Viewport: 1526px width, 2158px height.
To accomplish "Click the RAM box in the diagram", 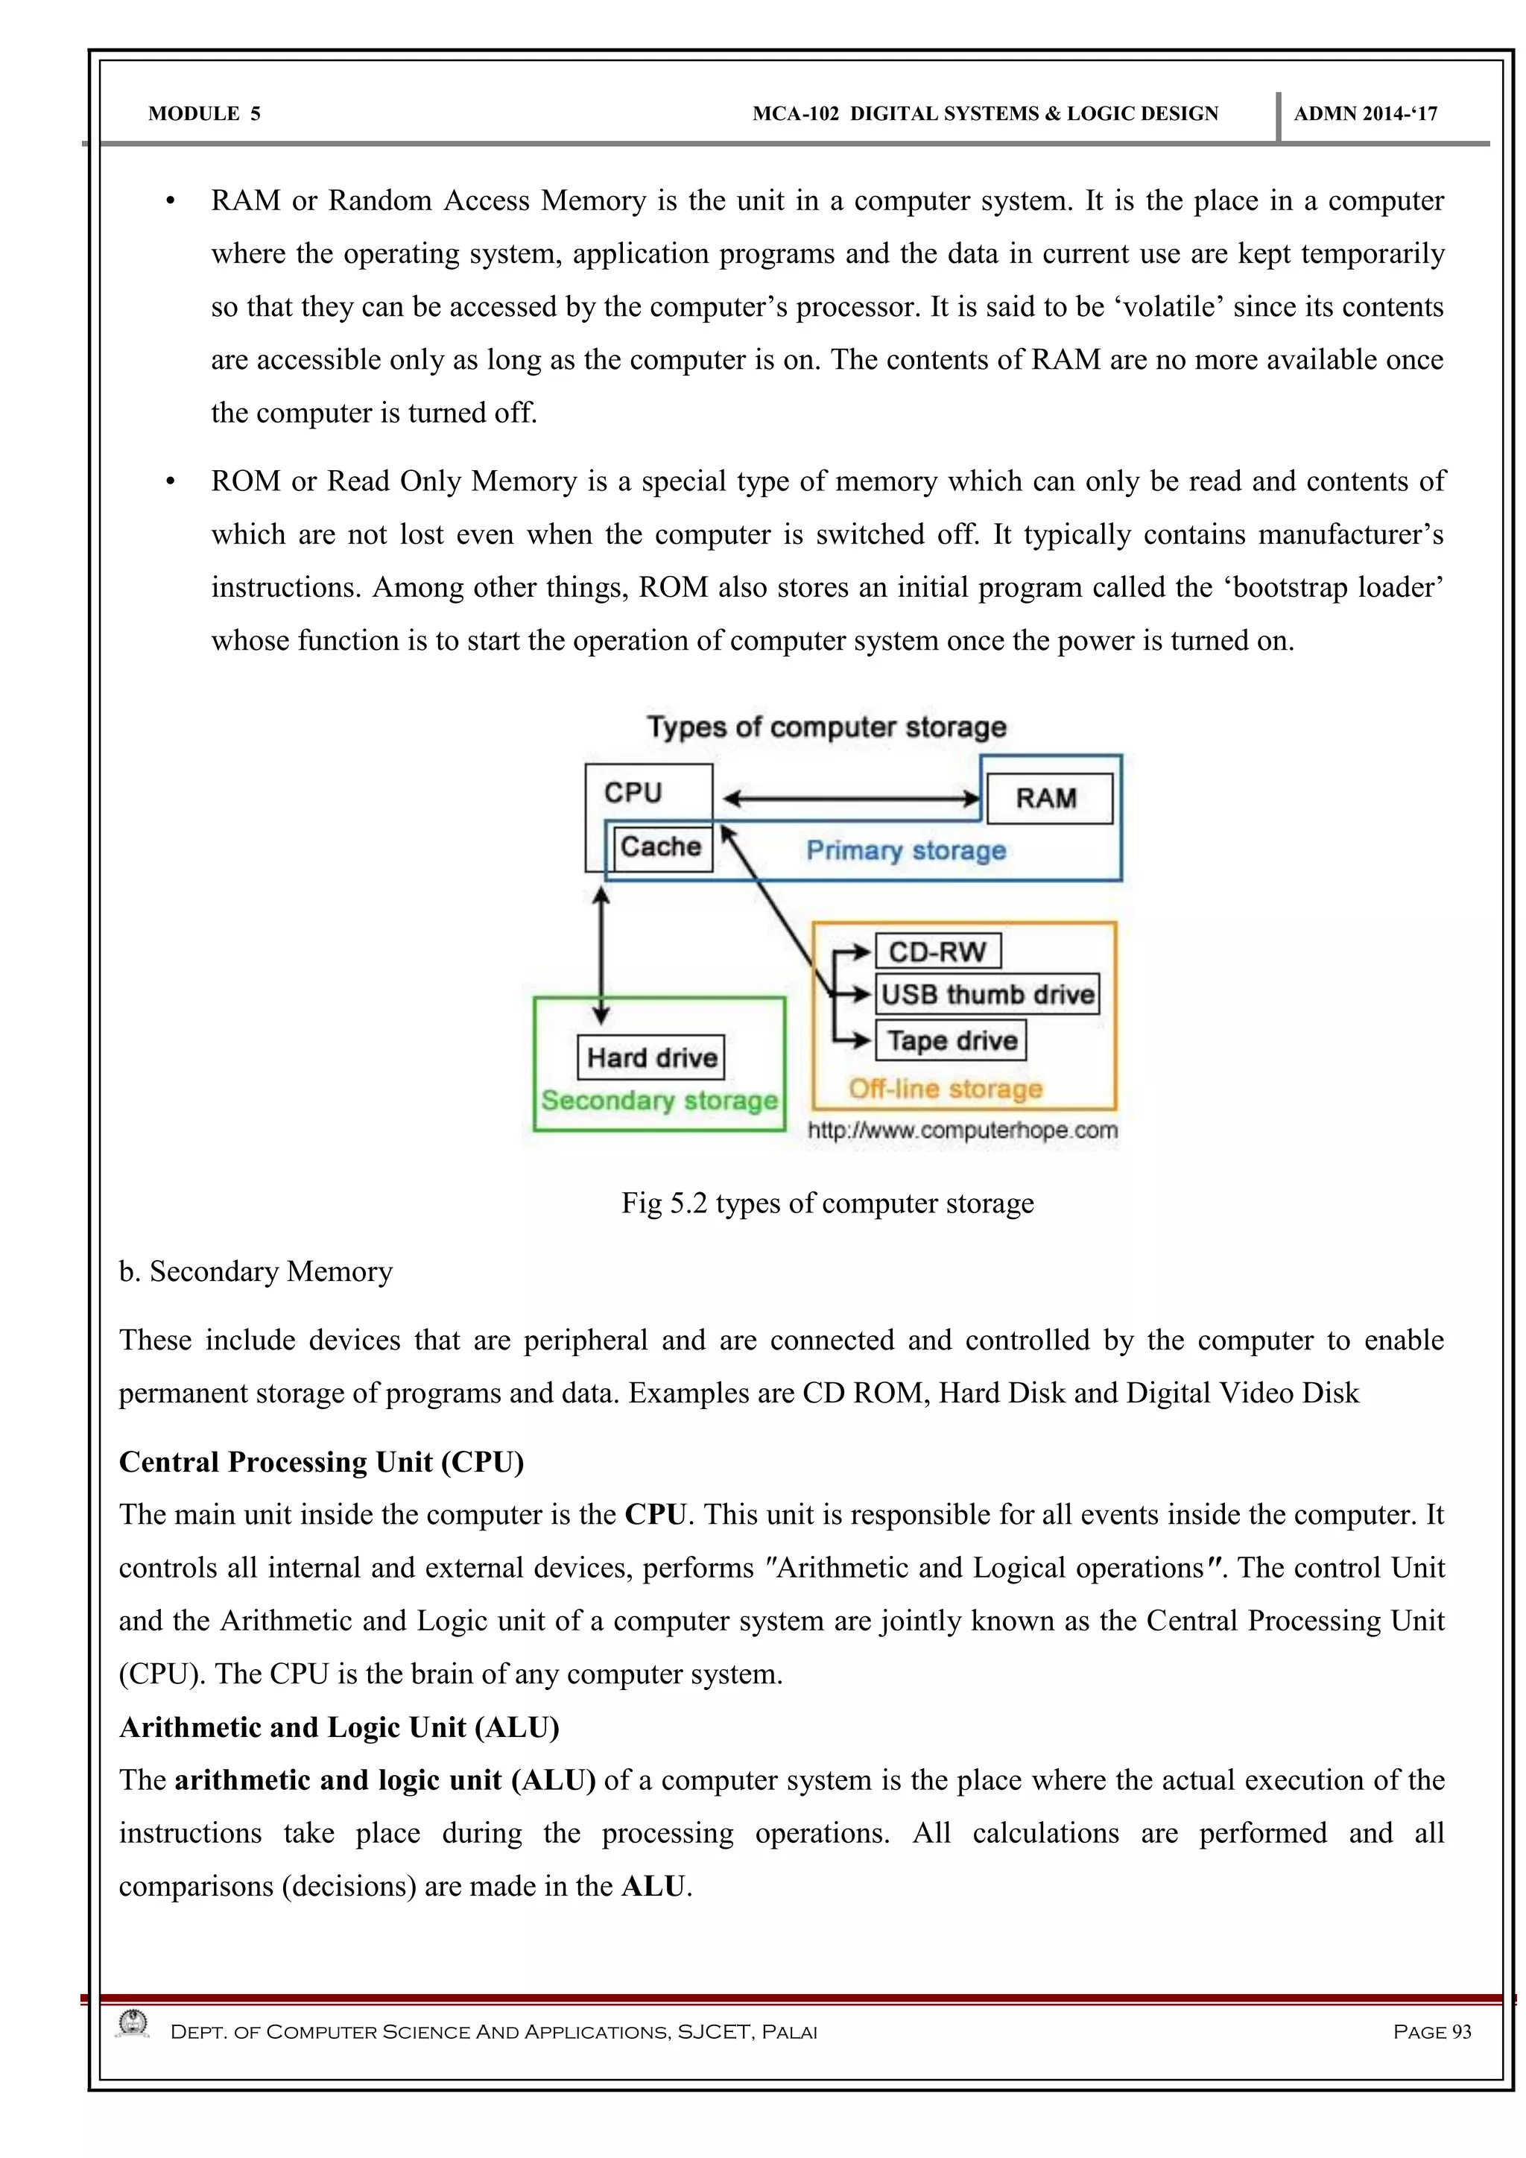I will (x=1046, y=799).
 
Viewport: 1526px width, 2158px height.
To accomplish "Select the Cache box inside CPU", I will (x=662, y=847).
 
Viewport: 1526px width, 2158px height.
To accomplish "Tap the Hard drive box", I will (x=651, y=1058).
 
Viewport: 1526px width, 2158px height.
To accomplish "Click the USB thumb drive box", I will (x=987, y=994).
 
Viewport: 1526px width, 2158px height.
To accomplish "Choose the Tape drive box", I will (x=951, y=1040).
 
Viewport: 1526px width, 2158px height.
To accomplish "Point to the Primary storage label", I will (x=906, y=850).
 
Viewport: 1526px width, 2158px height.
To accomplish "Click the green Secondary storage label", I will (x=659, y=1101).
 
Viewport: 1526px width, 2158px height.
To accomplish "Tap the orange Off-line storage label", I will (x=946, y=1089).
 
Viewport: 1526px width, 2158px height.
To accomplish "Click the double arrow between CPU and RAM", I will (x=850, y=800).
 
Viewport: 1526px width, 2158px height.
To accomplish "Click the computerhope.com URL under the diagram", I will (x=962, y=1130).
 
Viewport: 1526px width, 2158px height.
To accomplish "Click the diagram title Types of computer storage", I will (x=826, y=727).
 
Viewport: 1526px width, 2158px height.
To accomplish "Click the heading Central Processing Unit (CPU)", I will (x=321, y=1461).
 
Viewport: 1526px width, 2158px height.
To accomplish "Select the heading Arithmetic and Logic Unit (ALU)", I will (x=339, y=1727).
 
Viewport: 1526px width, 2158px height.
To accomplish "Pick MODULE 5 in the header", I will (x=204, y=114).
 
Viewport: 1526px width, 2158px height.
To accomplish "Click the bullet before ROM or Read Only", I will (x=170, y=483).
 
